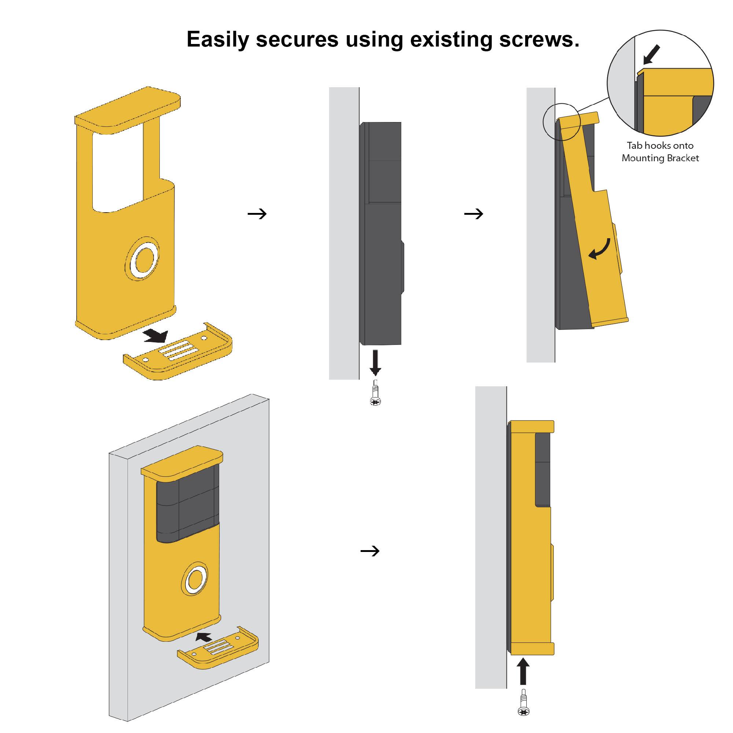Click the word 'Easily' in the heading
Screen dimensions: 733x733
pyautogui.click(x=217, y=39)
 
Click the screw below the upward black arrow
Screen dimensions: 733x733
pyautogui.click(x=524, y=703)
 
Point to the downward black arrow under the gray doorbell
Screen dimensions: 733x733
pyautogui.click(x=375, y=362)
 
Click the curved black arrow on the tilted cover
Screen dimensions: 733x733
pyautogui.click(x=600, y=249)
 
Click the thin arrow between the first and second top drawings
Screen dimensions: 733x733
pyautogui.click(x=257, y=214)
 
